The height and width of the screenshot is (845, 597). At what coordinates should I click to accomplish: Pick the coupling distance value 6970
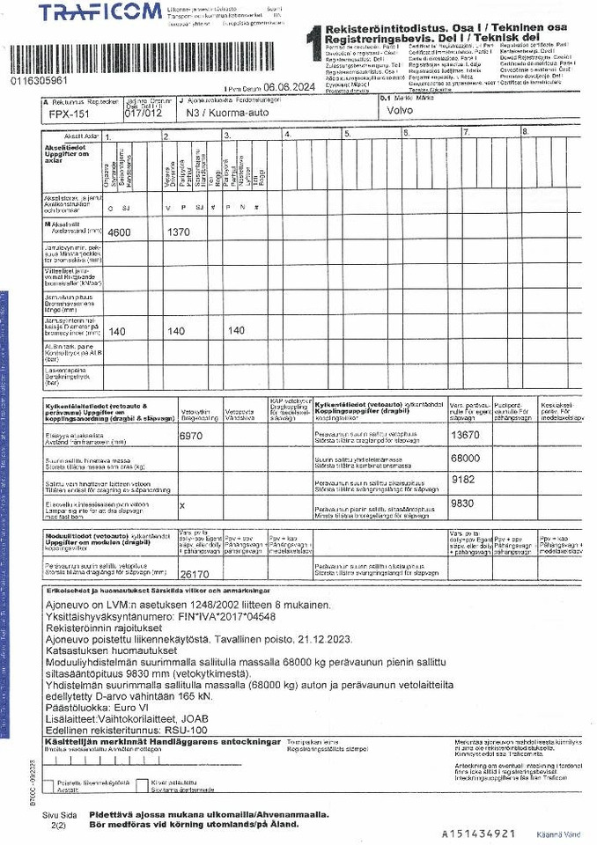(191, 436)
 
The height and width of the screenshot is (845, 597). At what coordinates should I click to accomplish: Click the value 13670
(465, 435)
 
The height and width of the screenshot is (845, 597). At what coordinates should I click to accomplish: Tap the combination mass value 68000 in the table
(465, 459)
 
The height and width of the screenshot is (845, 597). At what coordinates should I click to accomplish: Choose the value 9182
(463, 481)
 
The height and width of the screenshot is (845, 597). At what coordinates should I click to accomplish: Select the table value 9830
(463, 504)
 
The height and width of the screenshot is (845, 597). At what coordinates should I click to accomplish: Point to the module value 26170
(195, 574)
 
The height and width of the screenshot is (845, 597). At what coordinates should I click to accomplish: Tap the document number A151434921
(478, 833)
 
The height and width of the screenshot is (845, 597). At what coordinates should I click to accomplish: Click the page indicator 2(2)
(59, 827)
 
